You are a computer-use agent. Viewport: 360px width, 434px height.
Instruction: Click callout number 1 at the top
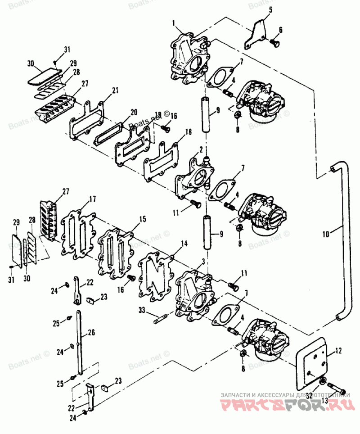173,23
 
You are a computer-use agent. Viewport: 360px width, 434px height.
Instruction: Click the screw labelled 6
274,43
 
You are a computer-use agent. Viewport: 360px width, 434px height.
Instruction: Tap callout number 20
134,112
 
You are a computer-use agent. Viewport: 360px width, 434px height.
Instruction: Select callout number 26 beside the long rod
92,333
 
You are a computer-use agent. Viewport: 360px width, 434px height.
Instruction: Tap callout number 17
92,199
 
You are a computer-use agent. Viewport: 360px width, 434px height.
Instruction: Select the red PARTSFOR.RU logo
285,404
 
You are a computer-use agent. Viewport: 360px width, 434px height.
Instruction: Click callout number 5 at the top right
270,9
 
